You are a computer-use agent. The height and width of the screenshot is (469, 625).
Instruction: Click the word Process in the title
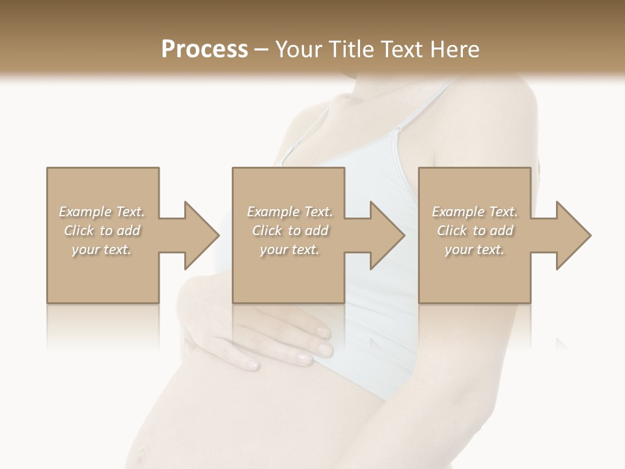click(x=204, y=50)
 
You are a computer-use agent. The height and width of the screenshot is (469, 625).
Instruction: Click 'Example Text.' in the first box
click(x=102, y=212)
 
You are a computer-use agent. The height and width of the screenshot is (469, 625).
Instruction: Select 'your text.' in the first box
click(x=102, y=249)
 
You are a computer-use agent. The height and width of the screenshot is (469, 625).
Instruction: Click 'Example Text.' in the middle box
click(x=290, y=212)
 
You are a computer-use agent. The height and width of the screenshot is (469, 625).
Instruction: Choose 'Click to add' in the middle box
click(x=290, y=231)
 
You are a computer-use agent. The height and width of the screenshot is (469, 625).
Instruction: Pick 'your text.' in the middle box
click(x=290, y=249)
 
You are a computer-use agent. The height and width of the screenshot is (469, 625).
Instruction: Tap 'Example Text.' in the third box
click(x=475, y=212)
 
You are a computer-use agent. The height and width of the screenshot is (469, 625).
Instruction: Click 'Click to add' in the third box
click(x=475, y=231)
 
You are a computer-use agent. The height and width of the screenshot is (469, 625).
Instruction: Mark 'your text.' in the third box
click(x=475, y=249)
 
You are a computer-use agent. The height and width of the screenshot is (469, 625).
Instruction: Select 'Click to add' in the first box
click(x=102, y=231)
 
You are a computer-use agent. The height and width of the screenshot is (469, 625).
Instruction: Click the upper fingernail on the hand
click(x=323, y=333)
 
